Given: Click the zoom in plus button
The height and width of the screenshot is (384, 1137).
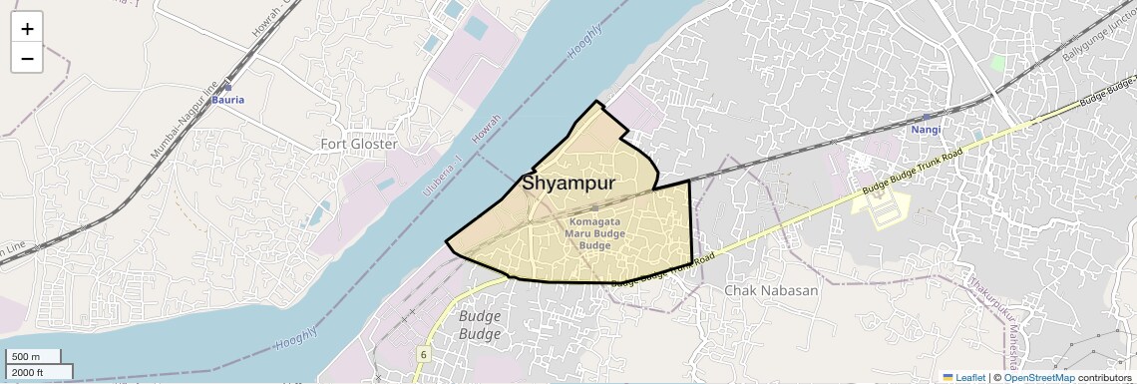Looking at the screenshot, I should pos(27,29).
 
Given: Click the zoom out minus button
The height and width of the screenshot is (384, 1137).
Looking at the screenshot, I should pos(27,58).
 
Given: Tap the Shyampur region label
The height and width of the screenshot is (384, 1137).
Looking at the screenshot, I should pos(568,184).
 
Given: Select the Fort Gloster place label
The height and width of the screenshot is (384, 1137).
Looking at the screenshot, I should pos(359,144).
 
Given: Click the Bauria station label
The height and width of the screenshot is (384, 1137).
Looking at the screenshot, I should pos(227,100).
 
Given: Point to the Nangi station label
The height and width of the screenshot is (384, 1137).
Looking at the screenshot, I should pos(927,130).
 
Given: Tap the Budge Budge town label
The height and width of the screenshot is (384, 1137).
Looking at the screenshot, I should pos(480,324).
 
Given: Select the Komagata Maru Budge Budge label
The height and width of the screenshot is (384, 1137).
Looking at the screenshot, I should pos(594,233).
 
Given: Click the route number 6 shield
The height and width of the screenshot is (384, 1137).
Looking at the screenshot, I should pos(424,354).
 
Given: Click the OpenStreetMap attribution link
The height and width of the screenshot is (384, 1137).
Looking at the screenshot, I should pos(1039,377).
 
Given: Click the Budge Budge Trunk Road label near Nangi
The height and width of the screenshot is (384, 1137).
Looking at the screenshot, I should pos(913,172).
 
